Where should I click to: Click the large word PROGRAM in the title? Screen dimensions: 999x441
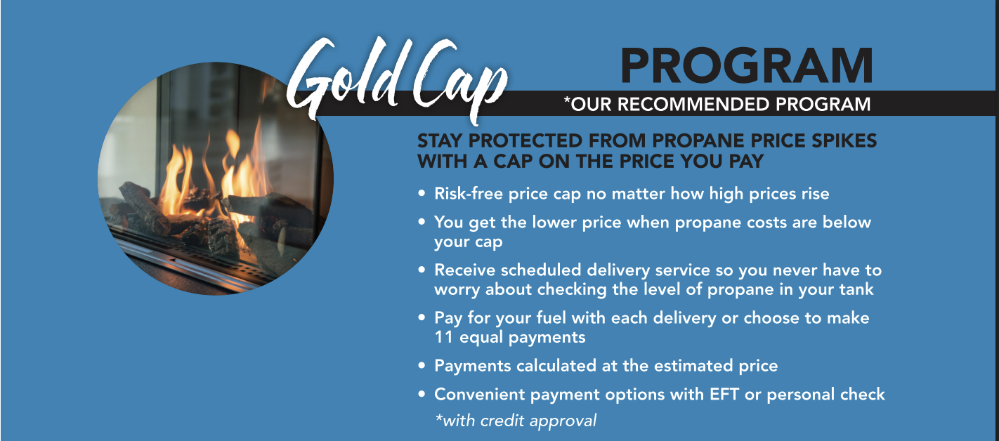click(x=747, y=66)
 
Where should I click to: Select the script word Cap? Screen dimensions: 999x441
click(x=459, y=80)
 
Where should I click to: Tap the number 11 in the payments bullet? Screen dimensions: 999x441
click(x=444, y=337)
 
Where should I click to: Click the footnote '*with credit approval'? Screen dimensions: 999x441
click(x=516, y=421)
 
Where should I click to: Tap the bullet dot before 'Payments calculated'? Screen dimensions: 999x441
click(x=422, y=366)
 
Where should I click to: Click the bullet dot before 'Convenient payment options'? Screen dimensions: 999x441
click(x=422, y=394)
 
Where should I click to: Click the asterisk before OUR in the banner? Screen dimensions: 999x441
click(x=567, y=100)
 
